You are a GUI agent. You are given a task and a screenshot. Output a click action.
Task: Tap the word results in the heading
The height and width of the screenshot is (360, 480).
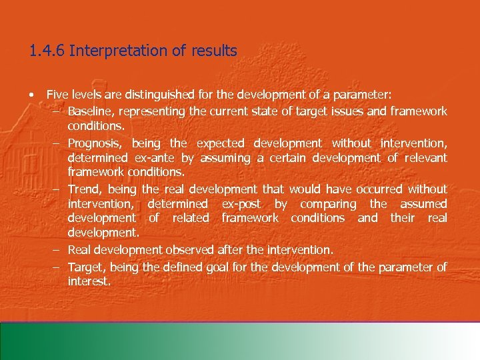pyautogui.click(x=215, y=51)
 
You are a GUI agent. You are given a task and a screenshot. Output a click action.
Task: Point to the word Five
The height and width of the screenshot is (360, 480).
pyautogui.click(x=58, y=95)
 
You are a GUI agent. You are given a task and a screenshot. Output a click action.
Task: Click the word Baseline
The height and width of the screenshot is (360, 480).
pyautogui.click(x=89, y=111)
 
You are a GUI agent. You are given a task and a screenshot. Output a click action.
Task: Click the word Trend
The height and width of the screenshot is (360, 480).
pyautogui.click(x=83, y=189)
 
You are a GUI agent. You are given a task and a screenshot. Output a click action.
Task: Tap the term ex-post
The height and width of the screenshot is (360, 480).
pyautogui.click(x=241, y=204)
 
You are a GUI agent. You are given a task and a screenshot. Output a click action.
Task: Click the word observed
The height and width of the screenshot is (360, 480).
pyautogui.click(x=190, y=249)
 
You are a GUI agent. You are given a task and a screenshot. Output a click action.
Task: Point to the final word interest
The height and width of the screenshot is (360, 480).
pyautogui.click(x=89, y=281)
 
